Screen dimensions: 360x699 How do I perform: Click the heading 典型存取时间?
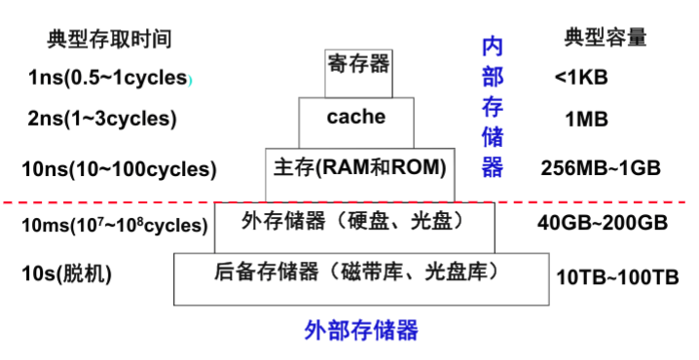[109, 39]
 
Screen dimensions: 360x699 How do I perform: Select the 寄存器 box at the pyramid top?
[358, 66]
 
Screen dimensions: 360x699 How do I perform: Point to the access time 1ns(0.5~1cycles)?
[107, 79]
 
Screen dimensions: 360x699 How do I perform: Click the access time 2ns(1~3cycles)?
[102, 120]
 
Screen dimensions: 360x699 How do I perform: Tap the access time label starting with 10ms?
[114, 226]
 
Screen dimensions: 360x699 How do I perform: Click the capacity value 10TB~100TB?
[616, 277]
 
